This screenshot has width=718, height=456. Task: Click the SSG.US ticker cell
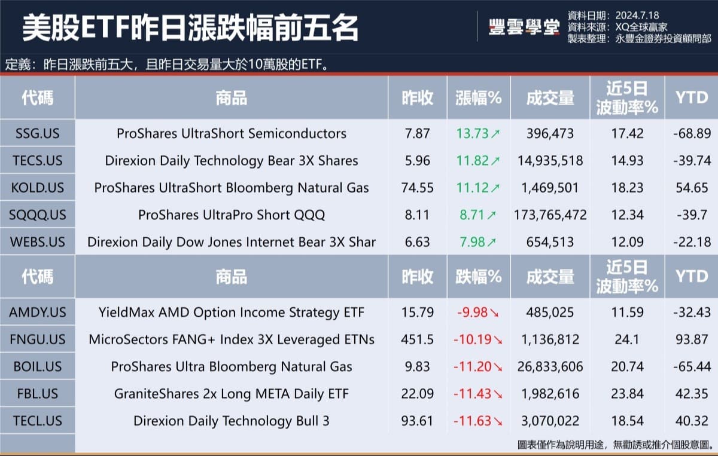point(37,133)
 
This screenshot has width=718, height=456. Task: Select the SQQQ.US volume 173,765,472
point(550,215)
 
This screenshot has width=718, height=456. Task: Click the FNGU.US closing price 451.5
point(417,339)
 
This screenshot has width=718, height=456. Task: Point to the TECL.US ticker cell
point(37,421)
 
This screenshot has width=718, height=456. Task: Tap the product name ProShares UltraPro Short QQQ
point(232,215)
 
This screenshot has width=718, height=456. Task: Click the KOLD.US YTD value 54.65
point(692,188)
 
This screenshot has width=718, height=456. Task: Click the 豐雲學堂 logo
point(524,27)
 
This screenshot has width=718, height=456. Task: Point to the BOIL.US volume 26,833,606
point(550,366)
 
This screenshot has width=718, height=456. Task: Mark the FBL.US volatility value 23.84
point(627,394)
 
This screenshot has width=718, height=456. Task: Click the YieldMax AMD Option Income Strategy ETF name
point(232,312)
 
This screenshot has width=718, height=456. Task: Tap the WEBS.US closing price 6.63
point(417,242)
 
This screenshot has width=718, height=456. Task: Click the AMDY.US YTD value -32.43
point(692,312)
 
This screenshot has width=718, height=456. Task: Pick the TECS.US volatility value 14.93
point(627,160)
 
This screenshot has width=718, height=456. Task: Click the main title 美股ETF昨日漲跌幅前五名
point(190,28)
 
